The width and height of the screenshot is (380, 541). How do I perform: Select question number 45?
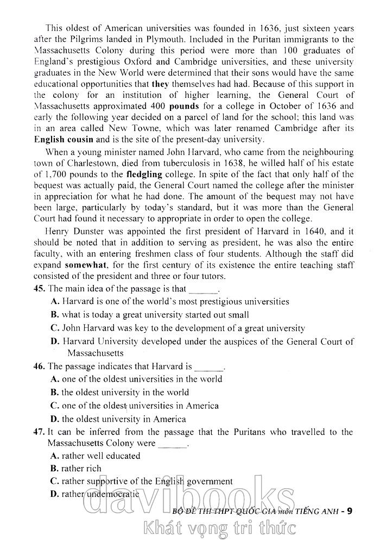39,289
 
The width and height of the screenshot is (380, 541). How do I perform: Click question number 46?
39,366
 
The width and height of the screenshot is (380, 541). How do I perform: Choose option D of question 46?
55,419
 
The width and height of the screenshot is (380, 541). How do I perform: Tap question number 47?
39,432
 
